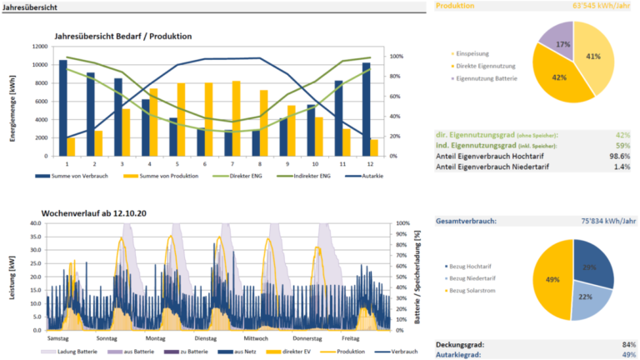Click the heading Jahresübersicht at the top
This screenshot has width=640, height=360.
[x=31, y=6]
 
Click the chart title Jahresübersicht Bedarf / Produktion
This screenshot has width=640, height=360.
[x=122, y=37]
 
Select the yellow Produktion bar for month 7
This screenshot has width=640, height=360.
[x=237, y=118]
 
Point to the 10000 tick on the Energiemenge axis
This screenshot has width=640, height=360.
[x=38, y=65]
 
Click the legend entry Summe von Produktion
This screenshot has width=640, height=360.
[x=158, y=176]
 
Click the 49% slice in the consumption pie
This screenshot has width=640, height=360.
[x=552, y=279]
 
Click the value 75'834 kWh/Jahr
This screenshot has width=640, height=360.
[x=602, y=221]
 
